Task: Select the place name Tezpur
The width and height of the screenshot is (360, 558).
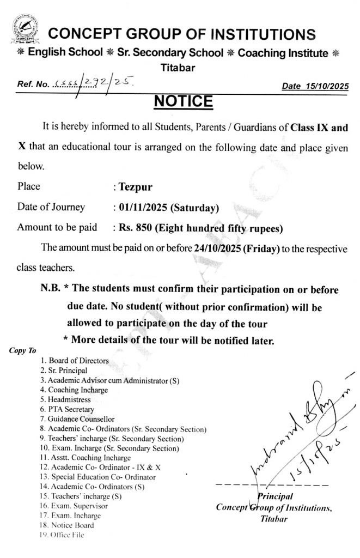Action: tap(133, 187)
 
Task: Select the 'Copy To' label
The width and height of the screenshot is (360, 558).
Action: tap(22, 350)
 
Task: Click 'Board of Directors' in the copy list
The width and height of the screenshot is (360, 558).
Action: tap(78, 360)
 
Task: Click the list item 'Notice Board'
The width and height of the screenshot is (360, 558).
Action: tap(72, 525)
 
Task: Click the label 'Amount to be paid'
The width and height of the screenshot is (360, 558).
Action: tap(57, 227)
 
